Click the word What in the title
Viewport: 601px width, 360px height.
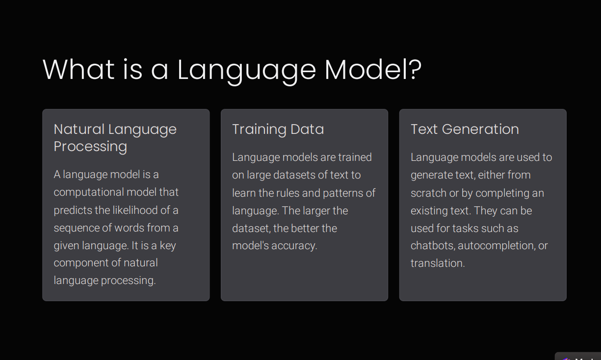pos(78,69)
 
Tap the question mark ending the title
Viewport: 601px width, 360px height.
pos(415,69)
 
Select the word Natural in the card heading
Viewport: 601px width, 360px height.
pos(79,129)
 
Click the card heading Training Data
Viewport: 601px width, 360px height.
pos(278,129)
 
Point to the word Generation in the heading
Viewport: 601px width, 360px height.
pos(480,129)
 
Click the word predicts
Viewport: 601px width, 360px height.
pos(73,210)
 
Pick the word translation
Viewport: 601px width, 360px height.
pos(438,263)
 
